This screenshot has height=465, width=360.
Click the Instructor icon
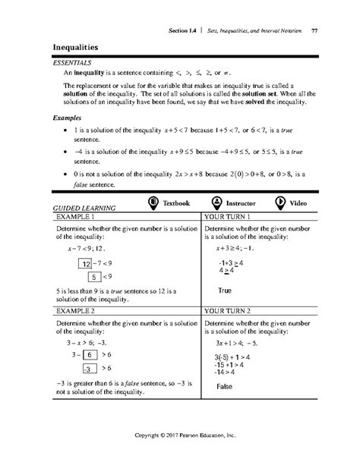pyautogui.click(x=218, y=203)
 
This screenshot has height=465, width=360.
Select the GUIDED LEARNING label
pyautogui.click(x=84, y=207)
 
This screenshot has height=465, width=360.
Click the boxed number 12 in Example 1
pyautogui.click(x=86, y=264)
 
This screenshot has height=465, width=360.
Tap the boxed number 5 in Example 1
pyautogui.click(x=95, y=277)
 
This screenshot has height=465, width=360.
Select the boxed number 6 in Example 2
pyautogui.click(x=88, y=353)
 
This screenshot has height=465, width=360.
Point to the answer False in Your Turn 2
pyautogui.click(x=224, y=387)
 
